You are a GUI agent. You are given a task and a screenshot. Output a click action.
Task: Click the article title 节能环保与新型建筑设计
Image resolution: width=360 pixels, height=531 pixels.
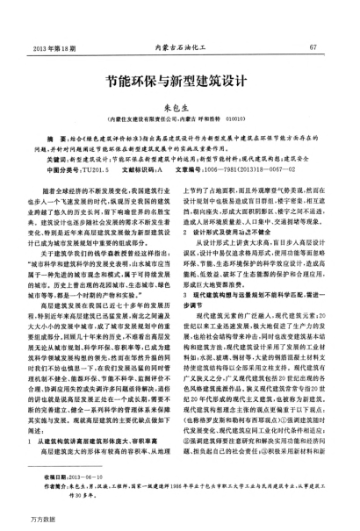180,78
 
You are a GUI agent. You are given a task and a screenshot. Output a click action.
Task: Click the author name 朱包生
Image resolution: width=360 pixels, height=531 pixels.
180,104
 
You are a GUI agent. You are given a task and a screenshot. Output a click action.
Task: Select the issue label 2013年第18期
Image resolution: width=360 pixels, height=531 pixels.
50,47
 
